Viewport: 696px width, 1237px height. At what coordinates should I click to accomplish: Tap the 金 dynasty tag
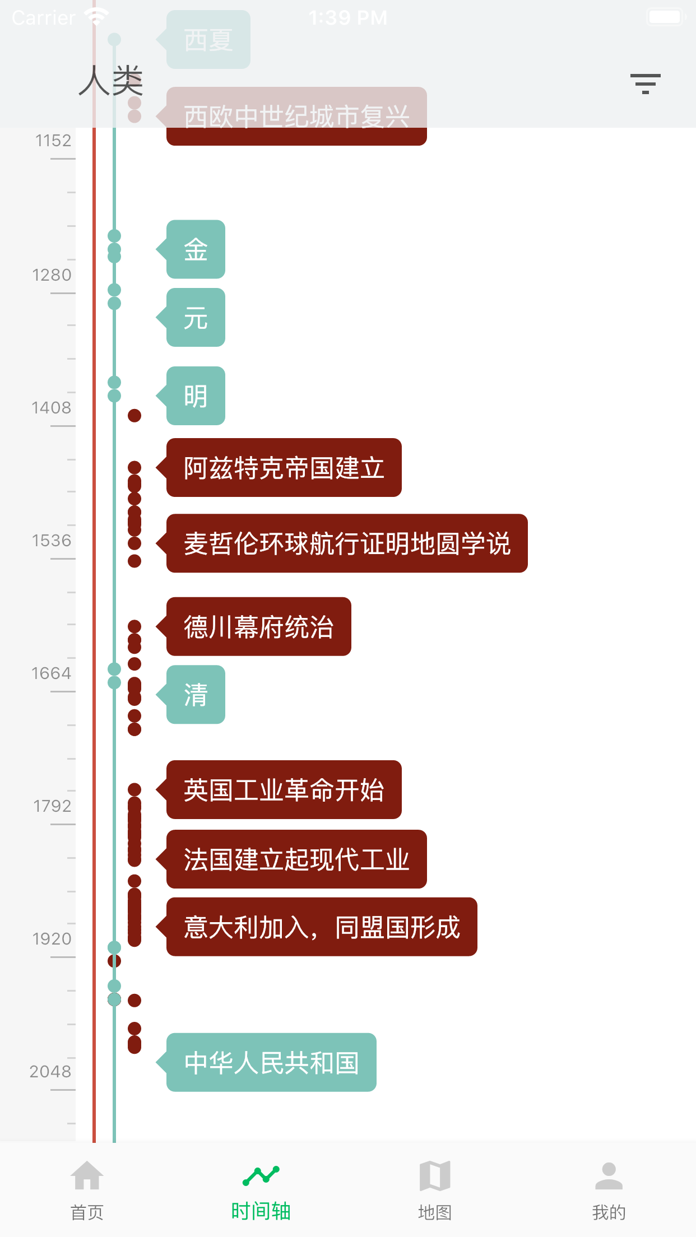[x=196, y=249]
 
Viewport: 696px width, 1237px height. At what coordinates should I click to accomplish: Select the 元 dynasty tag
[x=196, y=318]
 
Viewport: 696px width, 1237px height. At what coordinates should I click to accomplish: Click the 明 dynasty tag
[x=196, y=396]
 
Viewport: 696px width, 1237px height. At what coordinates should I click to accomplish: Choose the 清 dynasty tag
[x=196, y=695]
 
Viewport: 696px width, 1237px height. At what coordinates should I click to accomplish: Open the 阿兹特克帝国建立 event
[x=284, y=468]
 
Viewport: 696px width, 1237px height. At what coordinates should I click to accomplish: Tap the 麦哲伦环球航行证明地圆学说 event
[x=347, y=543]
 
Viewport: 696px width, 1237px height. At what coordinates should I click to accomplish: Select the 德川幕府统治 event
[x=259, y=626]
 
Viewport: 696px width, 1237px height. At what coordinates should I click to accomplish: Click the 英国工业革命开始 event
[x=284, y=790]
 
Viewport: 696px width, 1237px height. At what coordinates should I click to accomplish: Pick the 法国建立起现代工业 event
[x=296, y=859]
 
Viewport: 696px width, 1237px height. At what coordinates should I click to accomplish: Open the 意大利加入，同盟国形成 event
[x=322, y=927]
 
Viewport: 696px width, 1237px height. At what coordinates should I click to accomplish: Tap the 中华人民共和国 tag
[x=271, y=1063]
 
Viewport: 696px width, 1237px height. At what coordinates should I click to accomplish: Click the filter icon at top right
[x=645, y=83]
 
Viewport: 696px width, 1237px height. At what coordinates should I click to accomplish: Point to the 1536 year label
[x=52, y=541]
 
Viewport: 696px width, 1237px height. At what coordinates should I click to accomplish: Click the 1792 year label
[x=52, y=806]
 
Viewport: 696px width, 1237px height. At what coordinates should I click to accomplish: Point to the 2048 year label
[x=50, y=1072]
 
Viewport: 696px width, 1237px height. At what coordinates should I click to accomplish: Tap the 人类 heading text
[x=111, y=81]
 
